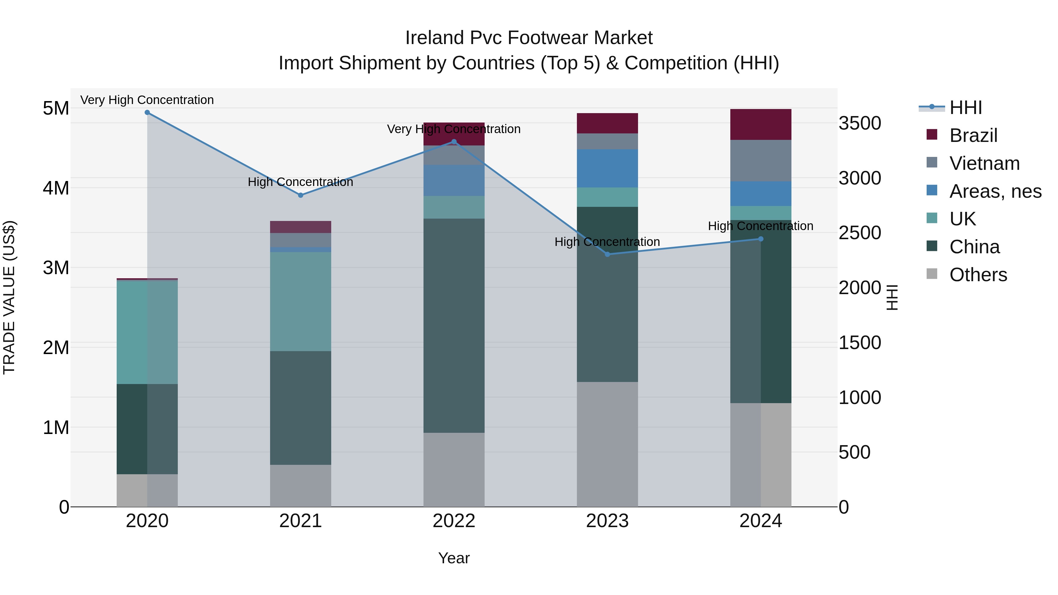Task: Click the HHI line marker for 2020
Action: (x=147, y=113)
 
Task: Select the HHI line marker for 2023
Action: (x=607, y=254)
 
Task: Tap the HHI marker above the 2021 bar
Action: (x=301, y=195)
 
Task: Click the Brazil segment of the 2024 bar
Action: (x=761, y=124)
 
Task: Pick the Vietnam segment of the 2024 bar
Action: (x=761, y=160)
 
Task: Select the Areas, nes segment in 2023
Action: (x=607, y=168)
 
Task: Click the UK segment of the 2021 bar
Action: (x=301, y=301)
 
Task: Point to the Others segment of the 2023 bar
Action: (x=607, y=444)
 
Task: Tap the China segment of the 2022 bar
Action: (x=454, y=325)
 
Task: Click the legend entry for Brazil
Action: (x=973, y=135)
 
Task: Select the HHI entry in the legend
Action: (x=965, y=108)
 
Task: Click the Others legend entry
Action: (x=978, y=275)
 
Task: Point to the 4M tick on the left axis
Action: (x=56, y=188)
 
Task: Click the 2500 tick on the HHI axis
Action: (x=860, y=233)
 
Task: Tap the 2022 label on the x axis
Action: (x=454, y=521)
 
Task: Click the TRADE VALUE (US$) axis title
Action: (x=9, y=297)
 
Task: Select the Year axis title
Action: (x=454, y=558)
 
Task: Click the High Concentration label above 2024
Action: (x=760, y=226)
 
